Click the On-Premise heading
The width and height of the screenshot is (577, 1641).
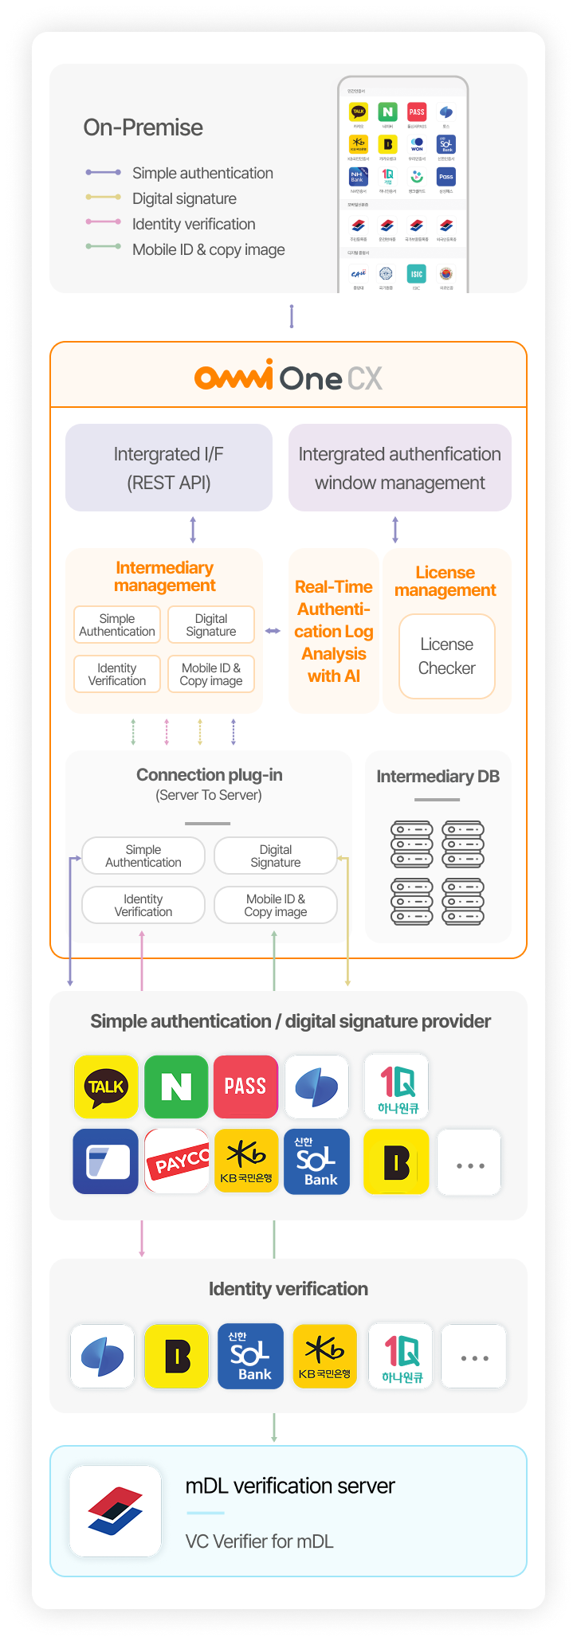143,127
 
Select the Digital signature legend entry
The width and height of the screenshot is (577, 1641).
184,198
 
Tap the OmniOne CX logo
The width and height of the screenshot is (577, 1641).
288,377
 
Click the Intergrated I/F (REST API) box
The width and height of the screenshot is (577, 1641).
169,468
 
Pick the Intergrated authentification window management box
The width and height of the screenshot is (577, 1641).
399,468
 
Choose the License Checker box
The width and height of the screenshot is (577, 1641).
446,656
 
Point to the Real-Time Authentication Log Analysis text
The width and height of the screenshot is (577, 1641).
333,631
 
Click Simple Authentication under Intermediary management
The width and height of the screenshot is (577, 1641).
117,625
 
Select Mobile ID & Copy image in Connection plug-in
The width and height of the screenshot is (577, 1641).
276,905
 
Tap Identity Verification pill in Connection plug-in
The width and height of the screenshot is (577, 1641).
143,905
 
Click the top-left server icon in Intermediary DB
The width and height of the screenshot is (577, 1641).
411,844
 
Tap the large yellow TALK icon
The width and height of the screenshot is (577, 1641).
106,1087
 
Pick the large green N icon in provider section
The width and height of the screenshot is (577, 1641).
176,1087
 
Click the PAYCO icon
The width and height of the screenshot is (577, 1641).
177,1161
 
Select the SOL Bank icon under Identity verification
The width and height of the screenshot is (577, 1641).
250,1357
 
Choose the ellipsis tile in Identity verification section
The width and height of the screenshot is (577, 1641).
474,1357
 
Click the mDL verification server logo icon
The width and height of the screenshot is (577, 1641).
116,1511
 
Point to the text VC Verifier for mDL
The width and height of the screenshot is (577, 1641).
260,1541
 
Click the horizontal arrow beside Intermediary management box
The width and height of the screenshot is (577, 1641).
273,631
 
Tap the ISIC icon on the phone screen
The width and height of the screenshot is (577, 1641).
416,274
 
